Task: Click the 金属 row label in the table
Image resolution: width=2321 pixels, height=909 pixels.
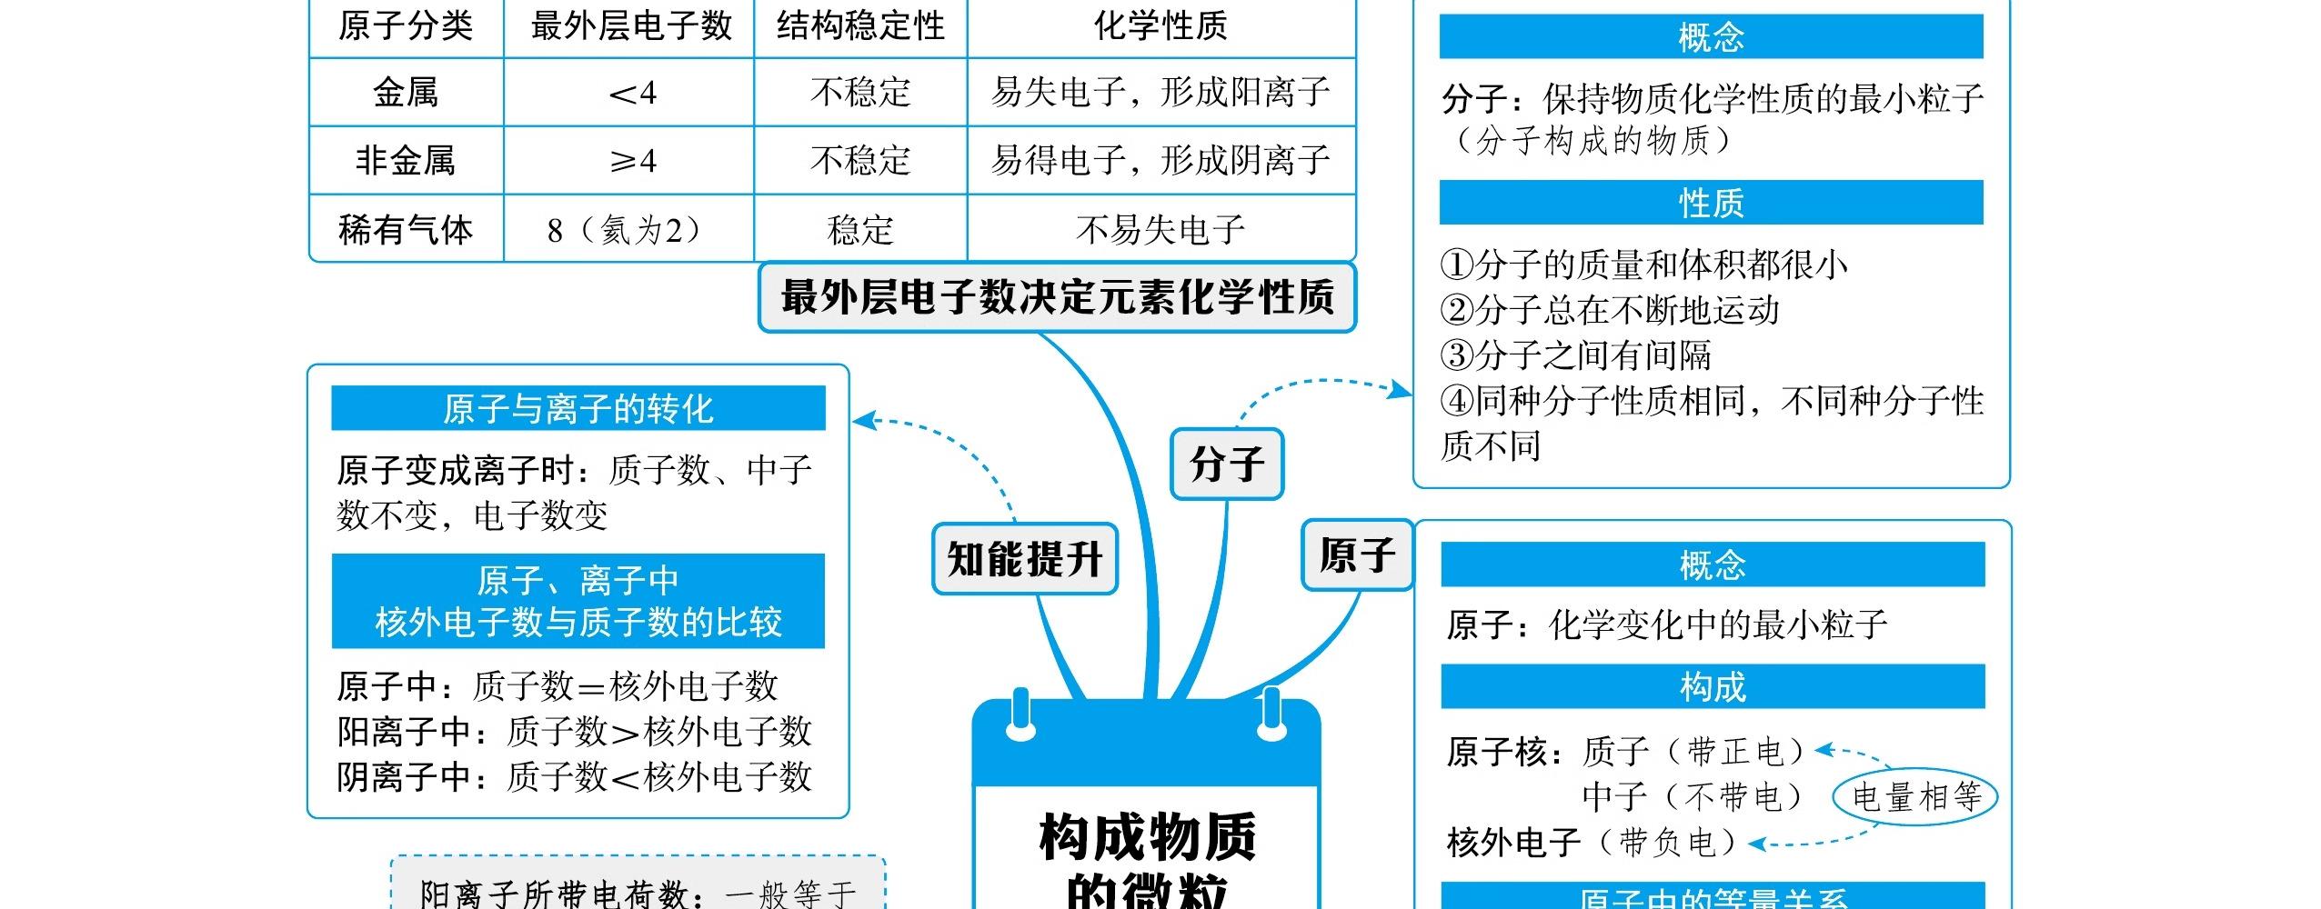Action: pyautogui.click(x=406, y=93)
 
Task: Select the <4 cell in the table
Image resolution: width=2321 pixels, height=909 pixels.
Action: pyautogui.click(x=631, y=93)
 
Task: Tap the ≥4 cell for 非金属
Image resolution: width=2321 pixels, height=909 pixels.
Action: pyautogui.click(x=631, y=161)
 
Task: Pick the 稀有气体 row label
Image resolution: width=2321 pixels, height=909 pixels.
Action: pyautogui.click(x=406, y=229)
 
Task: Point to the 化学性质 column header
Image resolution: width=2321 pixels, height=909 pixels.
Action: pyautogui.click(x=1160, y=25)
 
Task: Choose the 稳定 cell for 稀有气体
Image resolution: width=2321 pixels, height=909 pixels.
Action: pyautogui.click(x=860, y=229)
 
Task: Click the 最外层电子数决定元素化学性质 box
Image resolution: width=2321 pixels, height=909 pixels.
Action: pyautogui.click(x=1057, y=297)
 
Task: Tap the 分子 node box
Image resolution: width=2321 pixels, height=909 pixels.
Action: pyautogui.click(x=1227, y=464)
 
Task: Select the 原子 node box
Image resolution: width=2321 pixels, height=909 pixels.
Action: pyautogui.click(x=1357, y=555)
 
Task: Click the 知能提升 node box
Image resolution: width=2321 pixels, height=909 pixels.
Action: pyautogui.click(x=1025, y=559)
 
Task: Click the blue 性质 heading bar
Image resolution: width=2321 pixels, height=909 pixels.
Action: pyautogui.click(x=1711, y=203)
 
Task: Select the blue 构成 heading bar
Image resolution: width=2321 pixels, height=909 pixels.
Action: pyautogui.click(x=1713, y=686)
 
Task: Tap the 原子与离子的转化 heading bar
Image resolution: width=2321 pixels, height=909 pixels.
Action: pyautogui.click(x=578, y=408)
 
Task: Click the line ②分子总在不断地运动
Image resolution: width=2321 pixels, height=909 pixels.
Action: pyautogui.click(x=1610, y=310)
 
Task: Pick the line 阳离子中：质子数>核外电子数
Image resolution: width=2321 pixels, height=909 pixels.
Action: pyautogui.click(x=574, y=731)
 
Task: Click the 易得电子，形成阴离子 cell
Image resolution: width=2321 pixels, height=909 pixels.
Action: pyautogui.click(x=1160, y=161)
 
